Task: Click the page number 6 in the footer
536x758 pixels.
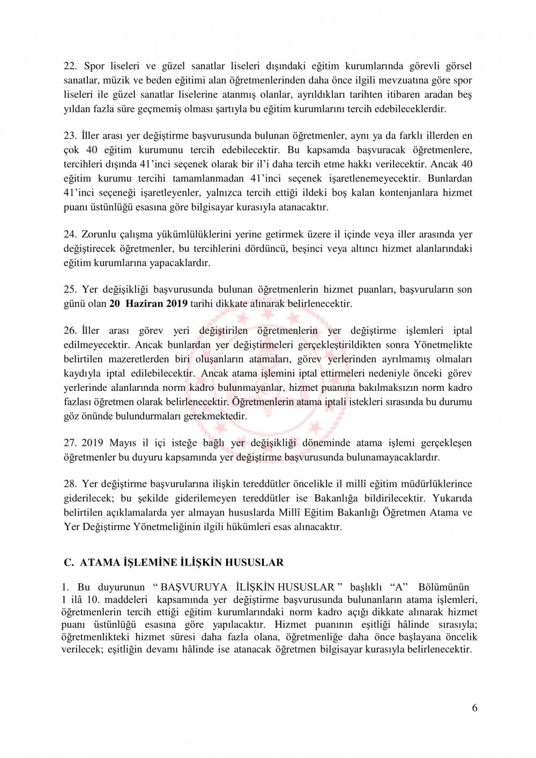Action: click(474, 708)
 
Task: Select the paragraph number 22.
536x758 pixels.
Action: click(70, 66)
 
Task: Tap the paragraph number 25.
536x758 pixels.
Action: click(70, 289)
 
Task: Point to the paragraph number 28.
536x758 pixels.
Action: click(70, 484)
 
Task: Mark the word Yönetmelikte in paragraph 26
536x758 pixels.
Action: click(443, 345)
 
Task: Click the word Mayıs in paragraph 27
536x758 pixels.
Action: click(123, 443)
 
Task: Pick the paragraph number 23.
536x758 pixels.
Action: click(70, 136)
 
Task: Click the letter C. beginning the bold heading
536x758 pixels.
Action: click(68, 562)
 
